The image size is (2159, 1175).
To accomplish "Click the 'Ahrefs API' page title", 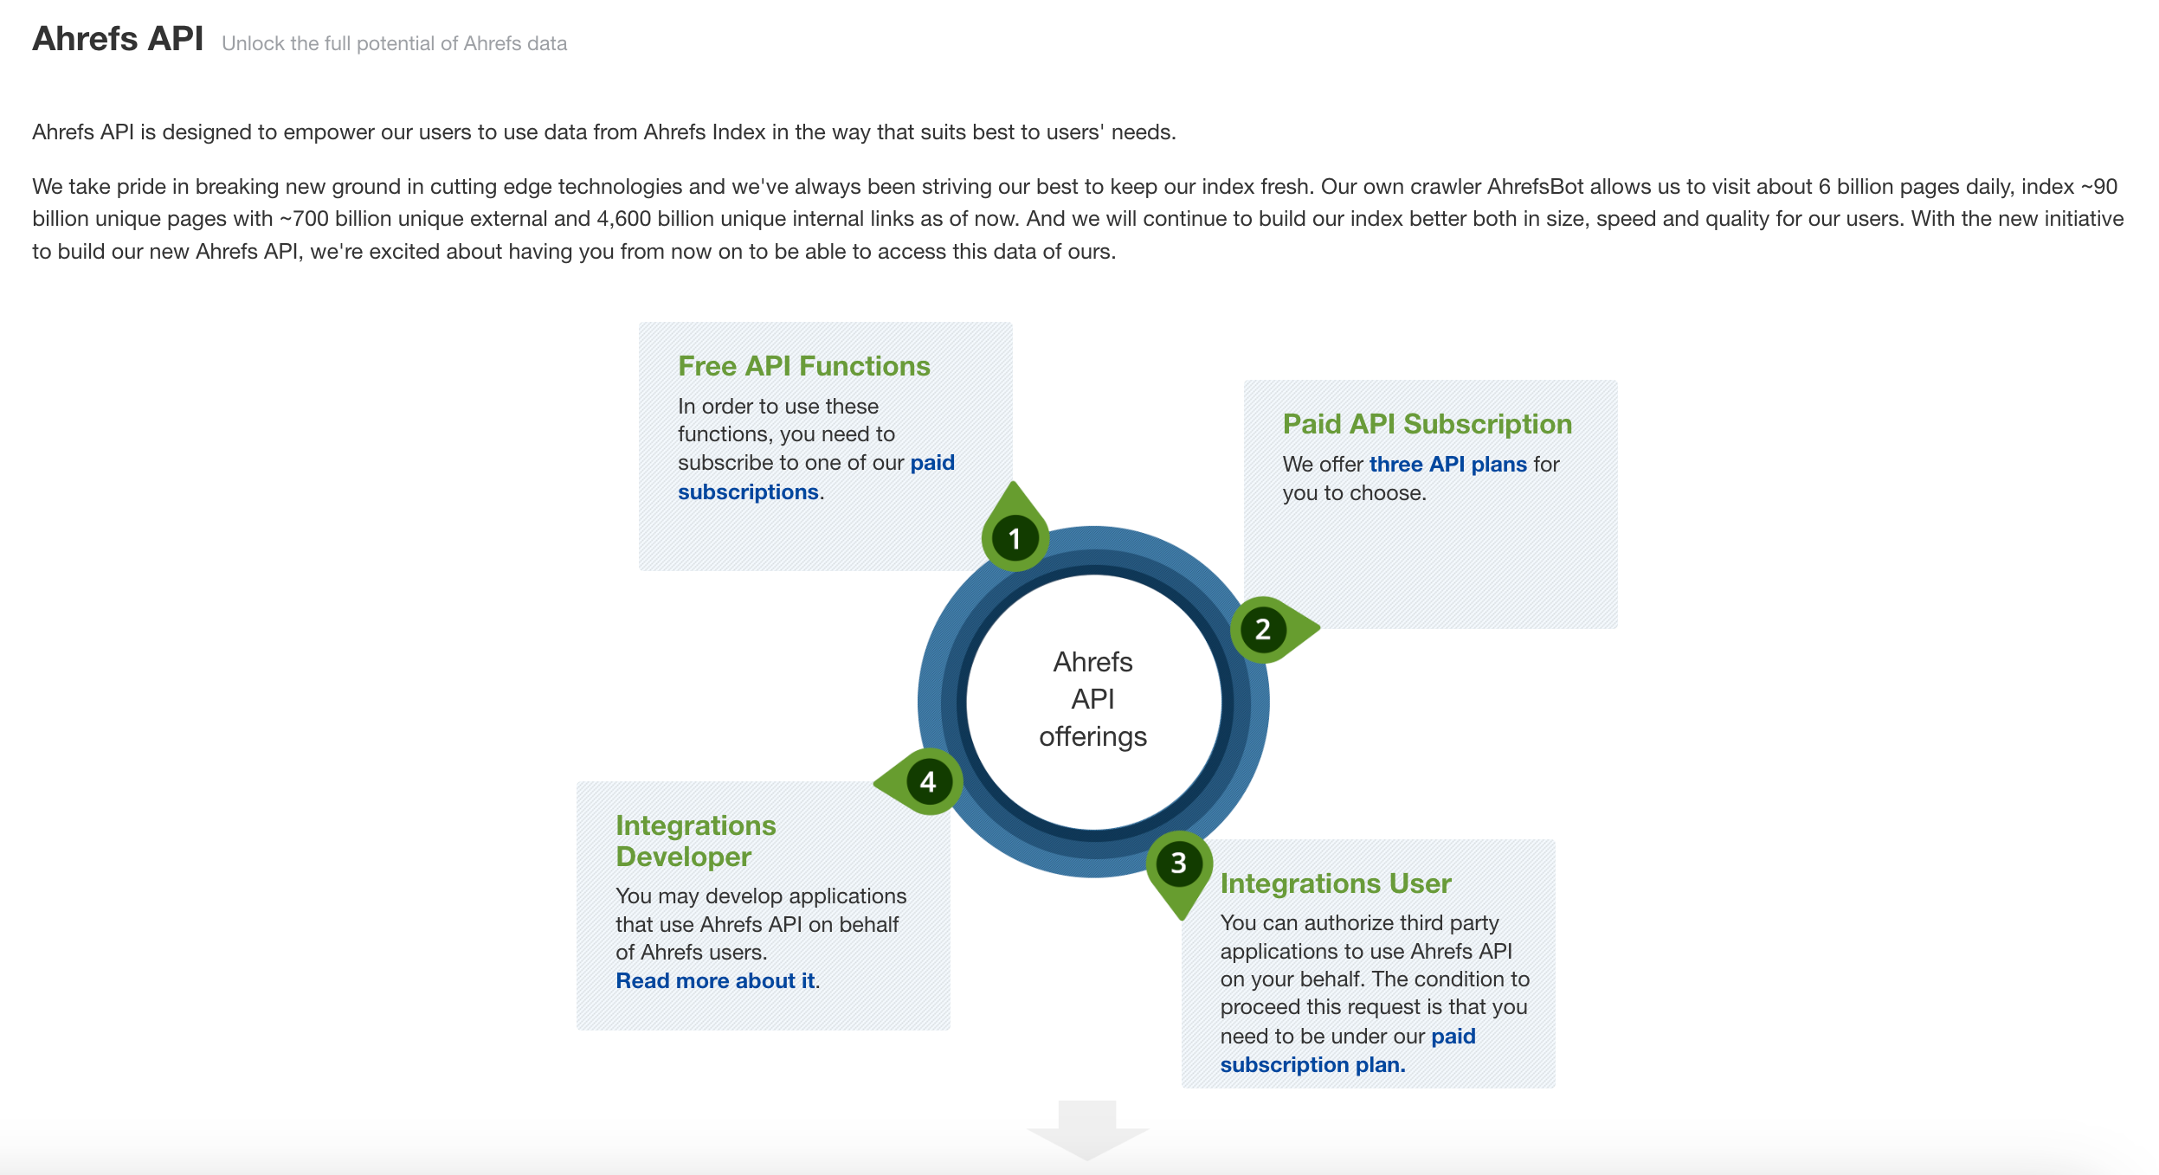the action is pyautogui.click(x=118, y=39).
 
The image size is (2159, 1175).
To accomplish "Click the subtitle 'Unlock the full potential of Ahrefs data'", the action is pyautogui.click(x=394, y=44).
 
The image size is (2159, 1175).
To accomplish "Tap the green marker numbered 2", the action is pyautogui.click(x=1273, y=629).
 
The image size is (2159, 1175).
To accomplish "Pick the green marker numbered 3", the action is pyautogui.click(x=1179, y=870).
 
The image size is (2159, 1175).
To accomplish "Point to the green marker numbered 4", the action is pyautogui.click(x=919, y=781).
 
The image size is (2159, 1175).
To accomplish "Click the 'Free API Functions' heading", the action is pyautogui.click(x=803, y=366).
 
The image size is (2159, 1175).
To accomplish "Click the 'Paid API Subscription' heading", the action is pyautogui.click(x=1427, y=424).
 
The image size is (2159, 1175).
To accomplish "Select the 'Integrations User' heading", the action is pyautogui.click(x=1335, y=883).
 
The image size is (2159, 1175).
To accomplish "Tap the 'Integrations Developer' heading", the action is pyautogui.click(x=695, y=841).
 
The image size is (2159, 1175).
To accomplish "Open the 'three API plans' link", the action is pyautogui.click(x=1447, y=465).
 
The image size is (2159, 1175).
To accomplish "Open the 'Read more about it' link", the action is pyautogui.click(x=715, y=981).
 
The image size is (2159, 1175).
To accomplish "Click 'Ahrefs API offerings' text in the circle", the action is pyautogui.click(x=1092, y=699).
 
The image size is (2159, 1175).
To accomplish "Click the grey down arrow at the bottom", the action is pyautogui.click(x=1087, y=1129).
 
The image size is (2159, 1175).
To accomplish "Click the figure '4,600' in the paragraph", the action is pyautogui.click(x=623, y=219).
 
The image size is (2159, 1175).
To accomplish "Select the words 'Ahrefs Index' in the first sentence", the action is pyautogui.click(x=705, y=132).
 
